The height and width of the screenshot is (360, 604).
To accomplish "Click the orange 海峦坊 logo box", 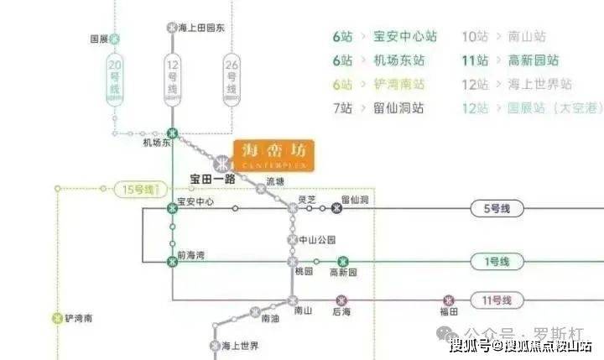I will tap(273, 155).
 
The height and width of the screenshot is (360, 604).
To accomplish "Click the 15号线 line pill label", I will tap(138, 190).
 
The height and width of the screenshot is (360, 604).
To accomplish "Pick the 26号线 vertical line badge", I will tap(232, 80).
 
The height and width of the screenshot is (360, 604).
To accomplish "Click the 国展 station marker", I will tap(116, 39).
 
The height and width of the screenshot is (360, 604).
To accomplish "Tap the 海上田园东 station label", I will tap(202, 28).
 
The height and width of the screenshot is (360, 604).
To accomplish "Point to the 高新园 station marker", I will tap(342, 262).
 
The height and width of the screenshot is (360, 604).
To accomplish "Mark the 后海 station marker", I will tap(341, 300).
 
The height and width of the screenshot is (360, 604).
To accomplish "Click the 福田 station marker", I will tap(449, 300).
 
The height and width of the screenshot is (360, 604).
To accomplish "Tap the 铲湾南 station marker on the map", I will tap(57, 319).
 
